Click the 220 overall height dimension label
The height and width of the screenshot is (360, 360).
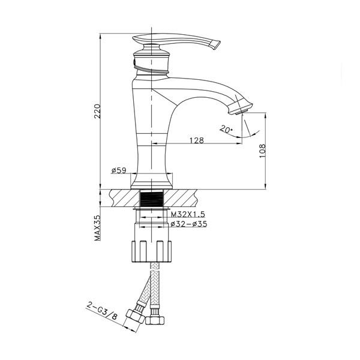tap(98, 111)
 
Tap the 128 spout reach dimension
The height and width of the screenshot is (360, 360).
tap(197, 140)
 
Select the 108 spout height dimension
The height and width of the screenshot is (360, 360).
tap(262, 151)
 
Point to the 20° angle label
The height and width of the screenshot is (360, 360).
tap(226, 129)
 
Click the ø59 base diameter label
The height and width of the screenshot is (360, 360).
tap(119, 170)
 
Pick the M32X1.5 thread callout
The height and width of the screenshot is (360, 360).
tap(188, 214)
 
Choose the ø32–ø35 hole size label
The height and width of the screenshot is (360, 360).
tap(189, 224)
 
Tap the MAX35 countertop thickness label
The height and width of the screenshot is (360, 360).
tap(98, 228)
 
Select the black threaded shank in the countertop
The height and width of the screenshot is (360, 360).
tap(152, 199)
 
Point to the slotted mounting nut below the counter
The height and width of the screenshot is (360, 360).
tap(152, 251)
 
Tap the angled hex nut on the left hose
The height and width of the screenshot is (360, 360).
tap(136, 317)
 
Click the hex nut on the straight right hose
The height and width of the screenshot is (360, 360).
tap(155, 320)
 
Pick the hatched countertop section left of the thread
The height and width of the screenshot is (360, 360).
tap(125, 198)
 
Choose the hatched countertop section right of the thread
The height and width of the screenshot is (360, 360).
tap(181, 198)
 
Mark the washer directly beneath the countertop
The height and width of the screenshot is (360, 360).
tap(152, 209)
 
